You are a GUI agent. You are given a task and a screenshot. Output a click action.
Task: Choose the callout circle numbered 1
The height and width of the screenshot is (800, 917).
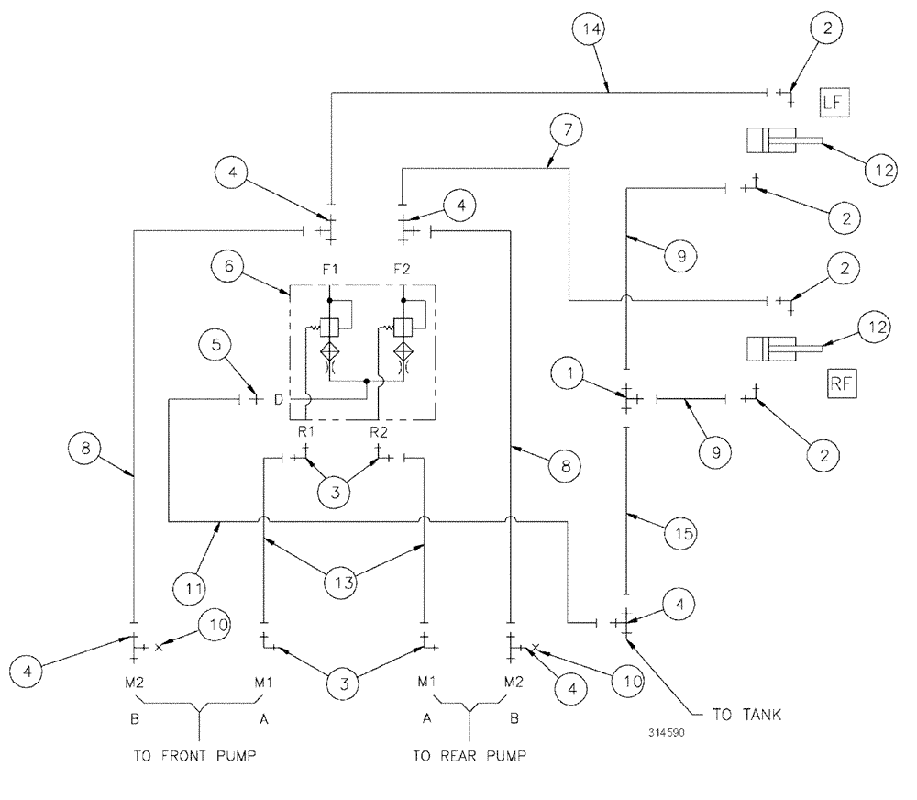pyautogui.click(x=569, y=373)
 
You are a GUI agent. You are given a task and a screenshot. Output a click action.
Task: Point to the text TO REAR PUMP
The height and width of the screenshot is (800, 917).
pyautogui.click(x=470, y=757)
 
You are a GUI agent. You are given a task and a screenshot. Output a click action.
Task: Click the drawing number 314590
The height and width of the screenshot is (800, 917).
pyautogui.click(x=665, y=734)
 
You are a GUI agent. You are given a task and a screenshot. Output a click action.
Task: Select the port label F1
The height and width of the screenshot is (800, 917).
pyautogui.click(x=328, y=271)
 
